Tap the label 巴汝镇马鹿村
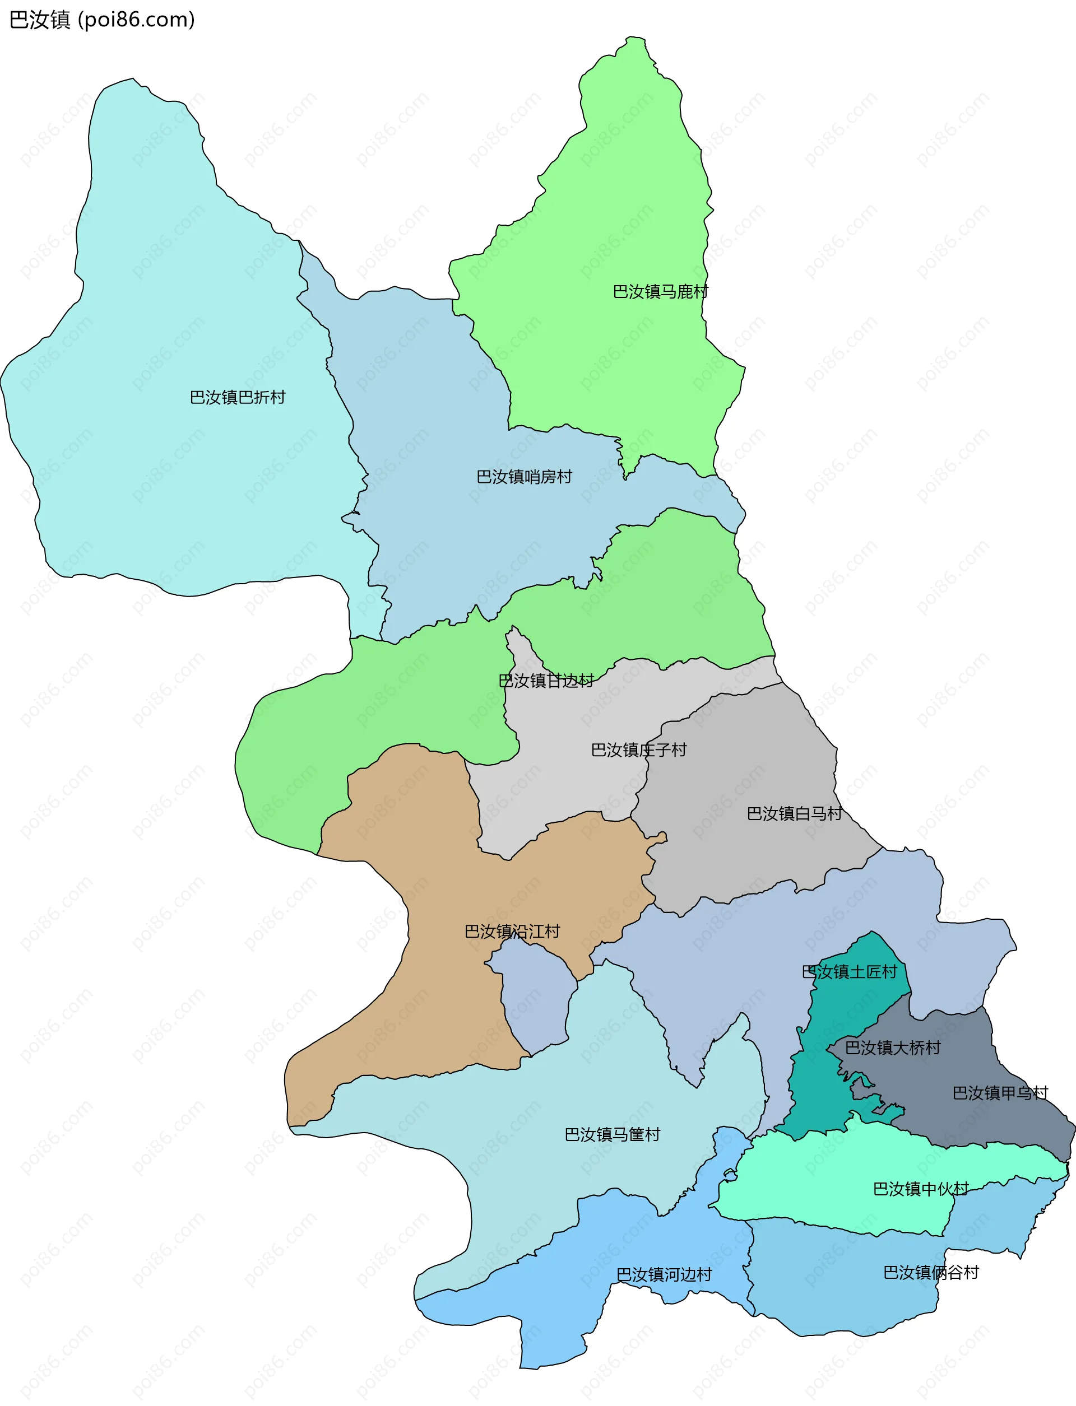(660, 292)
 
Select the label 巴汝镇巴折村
(238, 398)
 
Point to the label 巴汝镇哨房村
(524, 477)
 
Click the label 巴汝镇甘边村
(546, 681)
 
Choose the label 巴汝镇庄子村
(638, 749)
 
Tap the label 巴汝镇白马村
(794, 814)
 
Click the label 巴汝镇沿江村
(512, 932)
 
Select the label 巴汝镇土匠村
(849, 972)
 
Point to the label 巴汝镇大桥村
(893, 1048)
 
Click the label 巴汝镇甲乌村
(1000, 1093)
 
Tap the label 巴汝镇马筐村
(613, 1134)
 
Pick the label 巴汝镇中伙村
(921, 1189)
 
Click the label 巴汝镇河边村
(664, 1275)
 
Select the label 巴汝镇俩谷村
(931, 1272)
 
